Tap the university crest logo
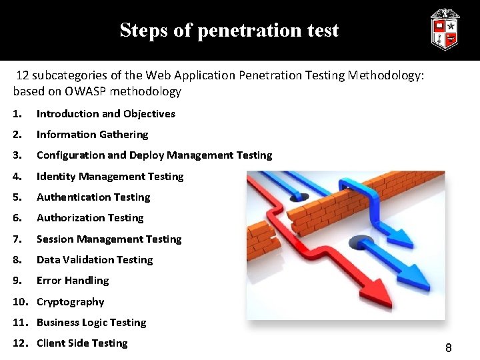click(x=445, y=30)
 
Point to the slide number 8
click(x=449, y=347)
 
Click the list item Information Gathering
click(x=92, y=135)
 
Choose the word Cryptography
click(x=70, y=302)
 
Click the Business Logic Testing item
click(x=91, y=323)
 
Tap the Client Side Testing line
click(x=81, y=343)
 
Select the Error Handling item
click(x=72, y=281)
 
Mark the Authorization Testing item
click(x=89, y=218)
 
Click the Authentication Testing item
click(x=93, y=197)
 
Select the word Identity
click(x=56, y=177)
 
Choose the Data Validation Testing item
click(x=94, y=260)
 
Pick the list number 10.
click(x=19, y=302)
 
